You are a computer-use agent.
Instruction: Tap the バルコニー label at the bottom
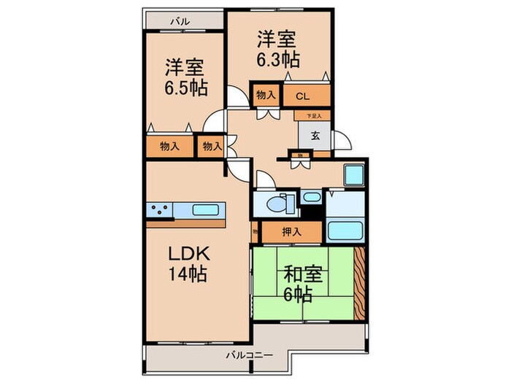click(247, 355)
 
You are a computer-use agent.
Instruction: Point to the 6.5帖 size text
click(185, 88)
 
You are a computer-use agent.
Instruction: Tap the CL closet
click(303, 95)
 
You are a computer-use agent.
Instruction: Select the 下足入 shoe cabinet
click(313, 115)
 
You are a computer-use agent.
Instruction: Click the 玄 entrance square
click(314, 135)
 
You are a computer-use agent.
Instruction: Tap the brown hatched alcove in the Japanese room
click(359, 284)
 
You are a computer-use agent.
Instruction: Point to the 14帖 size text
click(188, 276)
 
